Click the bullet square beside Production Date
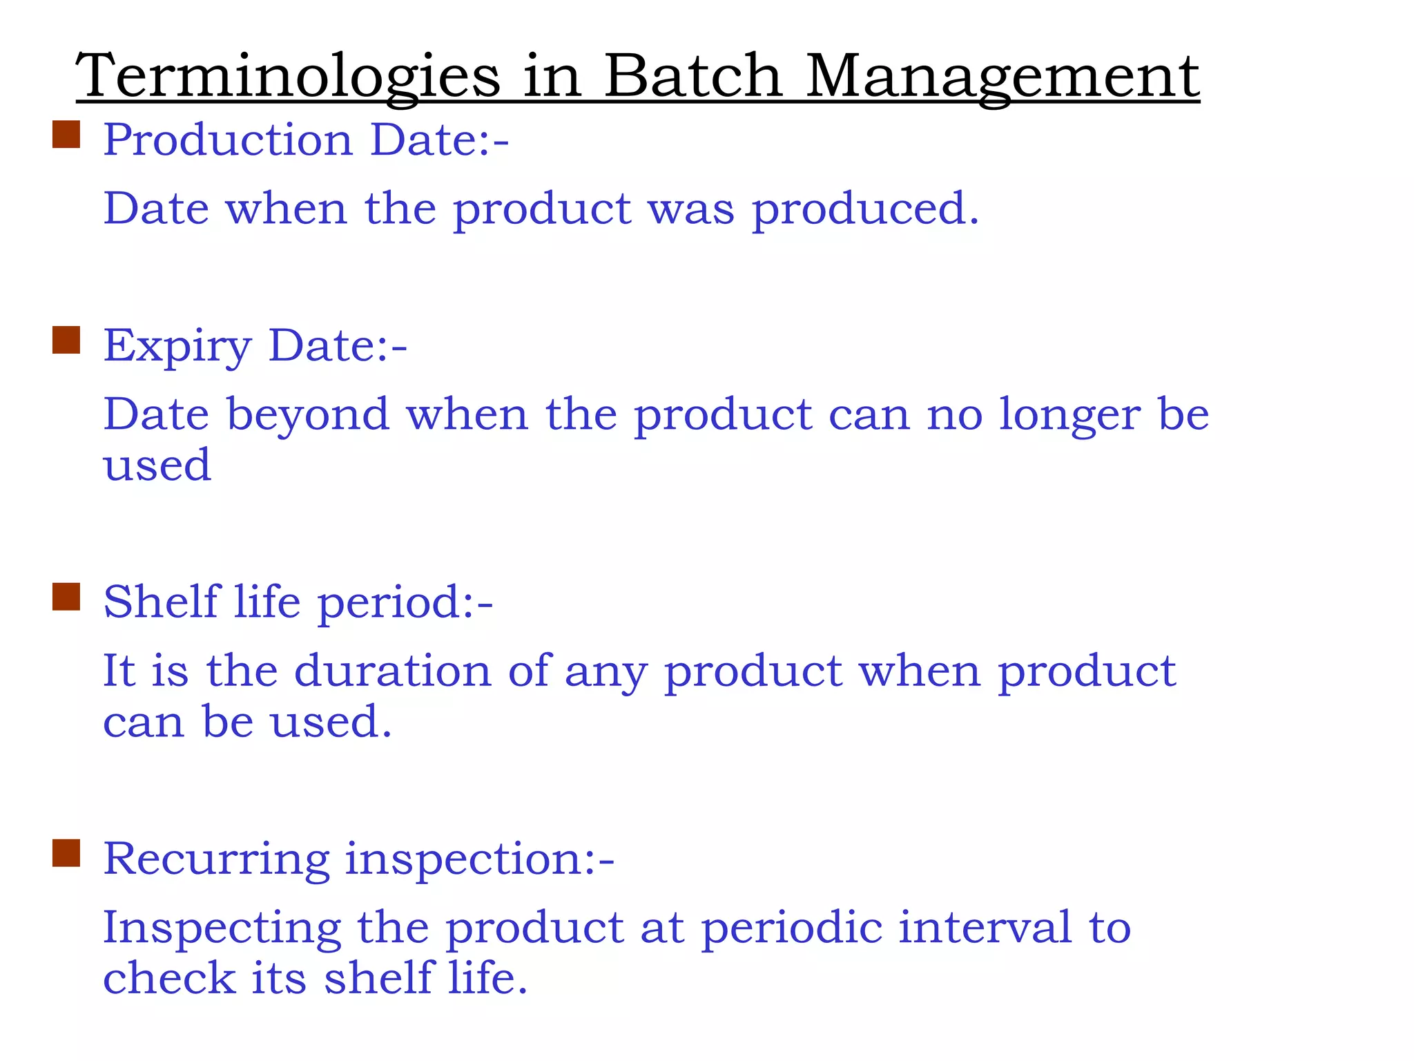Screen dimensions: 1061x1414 click(66, 135)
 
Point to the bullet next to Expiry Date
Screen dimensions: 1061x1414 click(66, 340)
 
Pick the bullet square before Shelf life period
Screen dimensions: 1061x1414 click(66, 597)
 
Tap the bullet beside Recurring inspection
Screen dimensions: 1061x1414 click(66, 853)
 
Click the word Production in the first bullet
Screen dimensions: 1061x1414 click(229, 140)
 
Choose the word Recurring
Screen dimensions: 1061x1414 click(216, 860)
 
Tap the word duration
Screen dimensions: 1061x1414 click(392, 671)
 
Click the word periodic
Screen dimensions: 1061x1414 click(792, 928)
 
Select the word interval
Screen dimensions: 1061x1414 click(985, 927)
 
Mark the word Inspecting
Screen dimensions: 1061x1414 click(222, 928)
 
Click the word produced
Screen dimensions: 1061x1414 click(865, 209)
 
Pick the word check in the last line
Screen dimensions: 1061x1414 click(169, 978)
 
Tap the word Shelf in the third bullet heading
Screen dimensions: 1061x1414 click(161, 602)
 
